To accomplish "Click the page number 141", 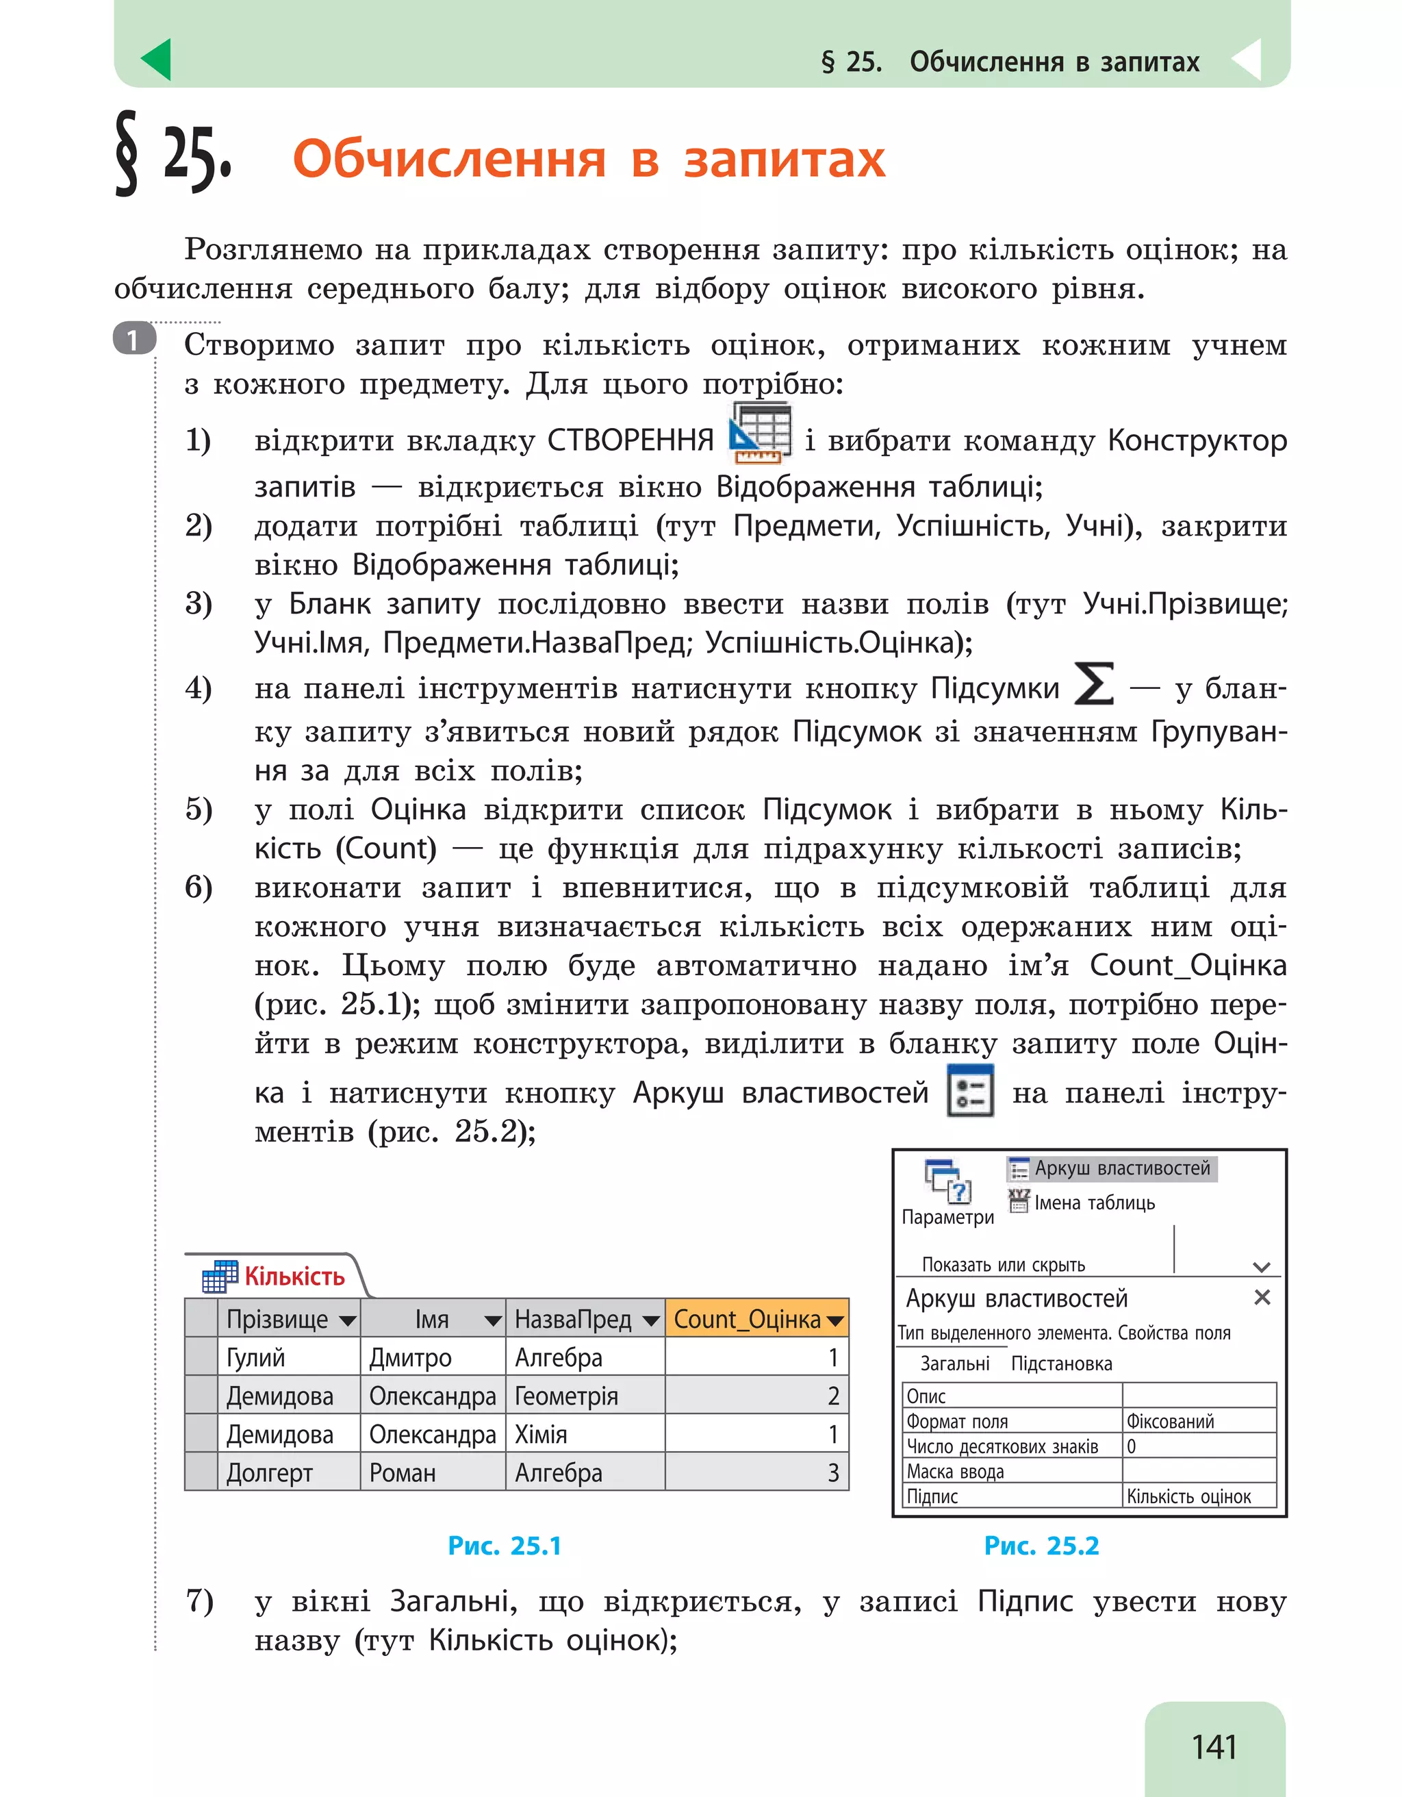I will [x=1214, y=1746].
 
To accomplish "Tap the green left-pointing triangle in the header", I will [x=157, y=60].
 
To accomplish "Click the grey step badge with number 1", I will [x=134, y=340].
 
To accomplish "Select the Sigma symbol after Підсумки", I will [x=1094, y=685].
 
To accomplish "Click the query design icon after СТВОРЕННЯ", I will [x=760, y=432].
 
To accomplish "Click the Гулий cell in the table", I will [x=256, y=1357].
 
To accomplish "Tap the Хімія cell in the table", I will [x=540, y=1434].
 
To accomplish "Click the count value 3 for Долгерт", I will [x=832, y=1473].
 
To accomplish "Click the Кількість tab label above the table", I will [x=294, y=1276].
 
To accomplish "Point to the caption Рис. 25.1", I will [x=504, y=1546].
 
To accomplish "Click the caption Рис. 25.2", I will [x=1041, y=1546].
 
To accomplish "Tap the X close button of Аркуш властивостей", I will [x=1262, y=1298].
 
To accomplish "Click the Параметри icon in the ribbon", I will [x=948, y=1181].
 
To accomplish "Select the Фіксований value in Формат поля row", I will [x=1170, y=1421].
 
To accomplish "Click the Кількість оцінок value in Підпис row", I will [x=1188, y=1496].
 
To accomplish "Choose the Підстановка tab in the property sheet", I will [x=1061, y=1364].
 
